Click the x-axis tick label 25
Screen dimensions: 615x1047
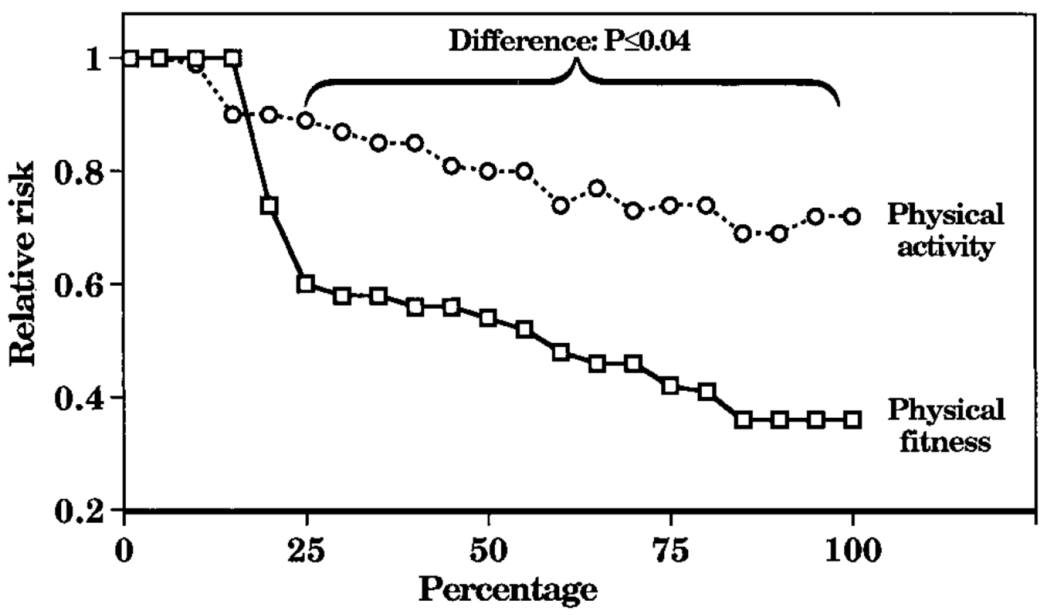[x=306, y=552]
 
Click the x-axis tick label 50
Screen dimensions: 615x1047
[x=488, y=552]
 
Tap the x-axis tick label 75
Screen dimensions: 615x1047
[x=670, y=552]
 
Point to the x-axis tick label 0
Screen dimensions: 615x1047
[x=124, y=552]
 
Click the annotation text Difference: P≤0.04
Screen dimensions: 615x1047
[x=570, y=42]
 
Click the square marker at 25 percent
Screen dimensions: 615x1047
[x=306, y=284]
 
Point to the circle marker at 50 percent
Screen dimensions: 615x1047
[x=488, y=171]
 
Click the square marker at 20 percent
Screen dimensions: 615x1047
[x=269, y=206]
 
